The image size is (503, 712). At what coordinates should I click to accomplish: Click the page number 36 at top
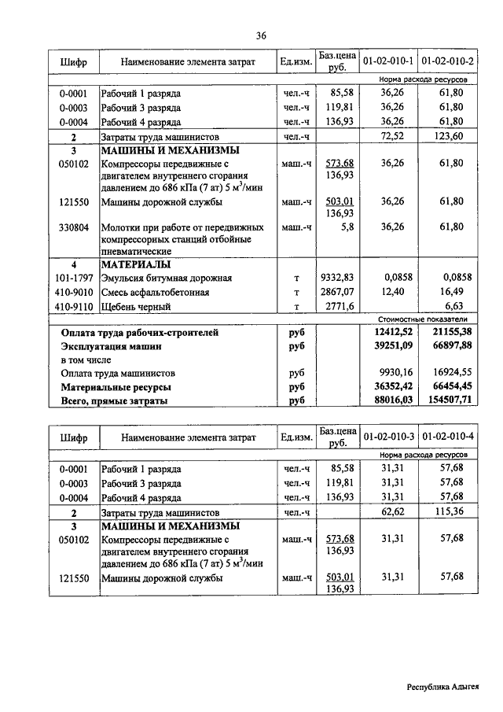point(261,35)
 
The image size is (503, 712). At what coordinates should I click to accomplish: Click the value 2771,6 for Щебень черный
point(339,306)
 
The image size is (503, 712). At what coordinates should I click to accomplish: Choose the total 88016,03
point(391,400)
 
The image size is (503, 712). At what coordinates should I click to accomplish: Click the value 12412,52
point(391,332)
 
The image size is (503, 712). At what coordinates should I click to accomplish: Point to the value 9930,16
point(391,373)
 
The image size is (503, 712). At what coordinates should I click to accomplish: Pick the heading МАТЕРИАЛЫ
point(135,264)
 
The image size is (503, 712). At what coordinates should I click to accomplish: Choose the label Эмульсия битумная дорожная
point(166,278)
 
